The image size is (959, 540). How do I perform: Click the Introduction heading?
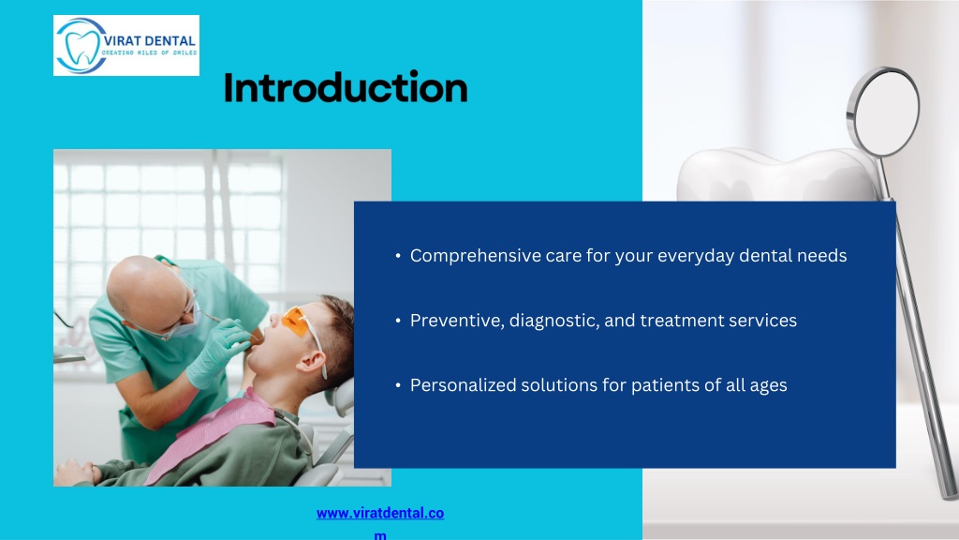346,87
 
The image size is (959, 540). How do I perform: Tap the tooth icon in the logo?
82,47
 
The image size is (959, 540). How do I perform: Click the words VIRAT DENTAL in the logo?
149,41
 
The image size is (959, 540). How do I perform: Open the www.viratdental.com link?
380,522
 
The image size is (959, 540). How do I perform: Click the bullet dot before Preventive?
398,321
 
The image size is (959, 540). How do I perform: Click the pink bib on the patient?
211,431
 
